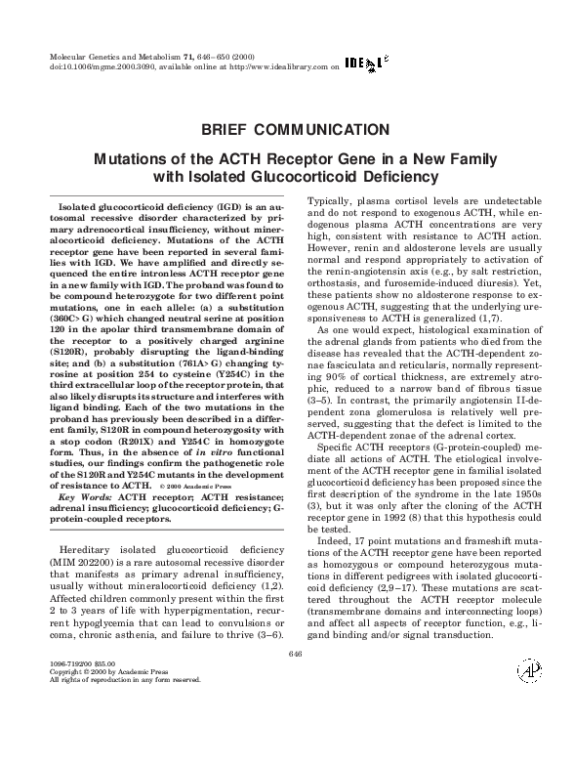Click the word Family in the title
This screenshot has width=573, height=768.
459,158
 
